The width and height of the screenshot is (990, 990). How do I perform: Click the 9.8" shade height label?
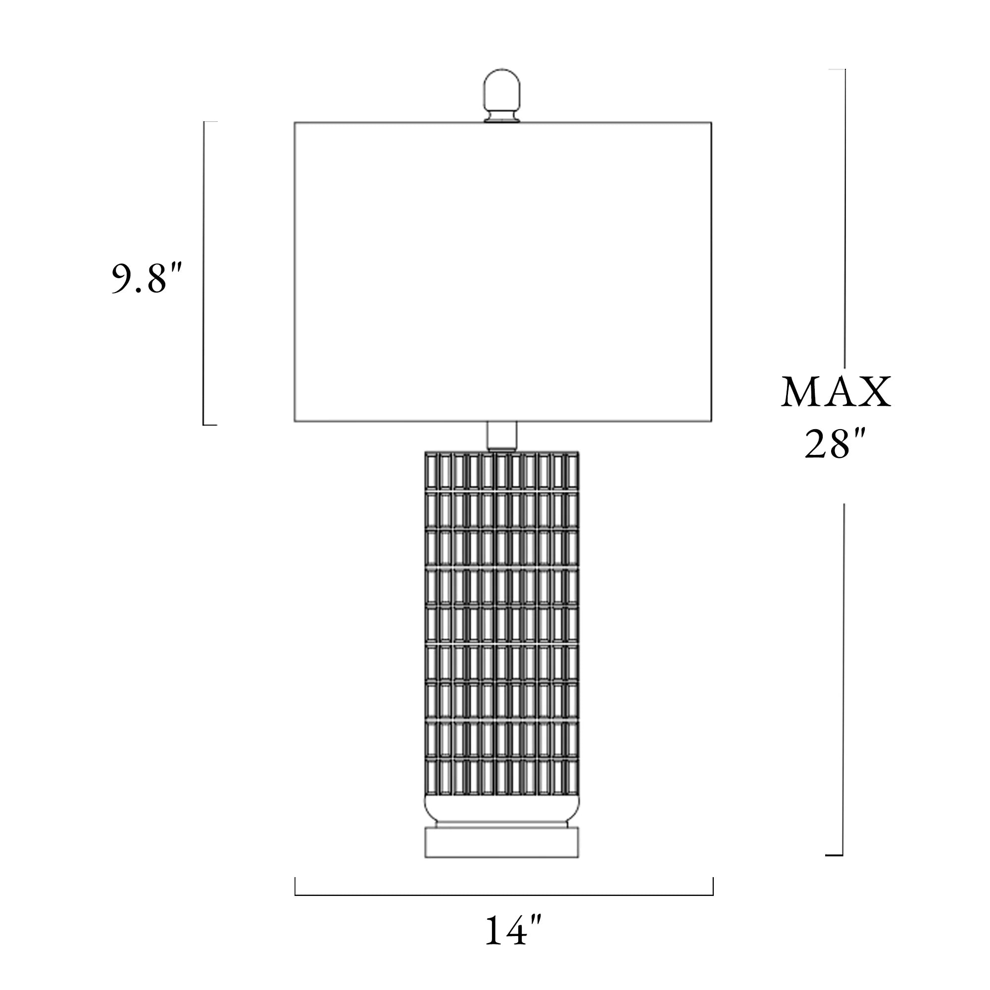point(147,278)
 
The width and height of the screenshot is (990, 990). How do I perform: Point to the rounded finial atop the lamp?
point(501,96)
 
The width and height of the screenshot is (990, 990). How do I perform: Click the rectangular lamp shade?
point(503,272)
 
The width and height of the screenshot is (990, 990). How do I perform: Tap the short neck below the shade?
point(501,437)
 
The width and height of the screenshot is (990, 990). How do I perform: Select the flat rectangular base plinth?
point(502,843)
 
